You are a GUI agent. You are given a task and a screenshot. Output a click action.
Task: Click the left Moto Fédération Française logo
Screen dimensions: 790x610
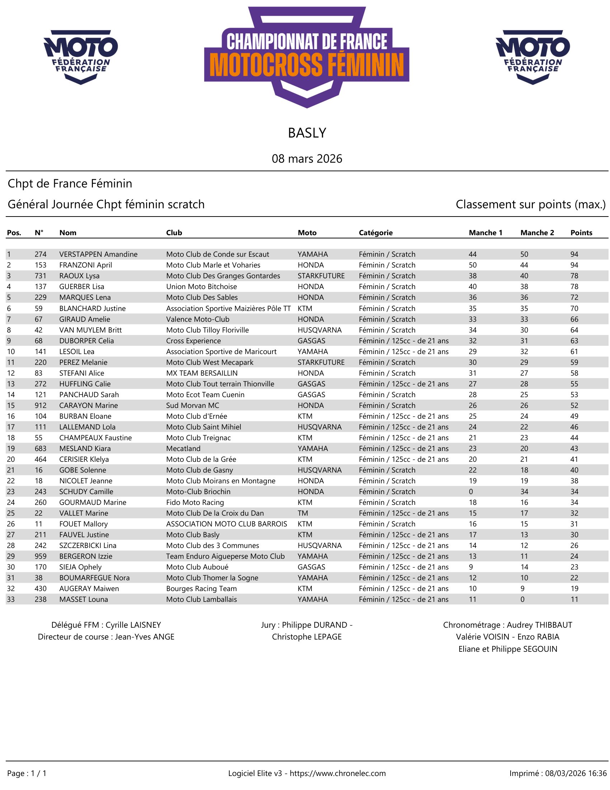tap(81, 57)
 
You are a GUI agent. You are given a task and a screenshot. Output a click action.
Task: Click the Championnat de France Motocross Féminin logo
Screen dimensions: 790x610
tap(306, 57)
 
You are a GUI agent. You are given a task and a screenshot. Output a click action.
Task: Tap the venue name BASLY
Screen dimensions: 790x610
tap(307, 133)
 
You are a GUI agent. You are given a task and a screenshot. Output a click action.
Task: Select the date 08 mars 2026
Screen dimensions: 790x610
tap(307, 159)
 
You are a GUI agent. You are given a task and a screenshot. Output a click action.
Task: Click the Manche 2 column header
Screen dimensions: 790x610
tap(537, 233)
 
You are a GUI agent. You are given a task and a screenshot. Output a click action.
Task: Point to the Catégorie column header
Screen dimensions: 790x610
tap(375, 233)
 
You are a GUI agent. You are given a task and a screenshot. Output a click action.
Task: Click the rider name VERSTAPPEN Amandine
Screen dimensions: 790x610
tap(98, 254)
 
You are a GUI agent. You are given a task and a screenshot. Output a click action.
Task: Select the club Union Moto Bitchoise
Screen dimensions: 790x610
tap(201, 287)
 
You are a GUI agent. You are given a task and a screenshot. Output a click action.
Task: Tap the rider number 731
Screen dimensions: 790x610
tap(41, 276)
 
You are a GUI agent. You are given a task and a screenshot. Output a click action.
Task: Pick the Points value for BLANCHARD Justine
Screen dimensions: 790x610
tap(574, 308)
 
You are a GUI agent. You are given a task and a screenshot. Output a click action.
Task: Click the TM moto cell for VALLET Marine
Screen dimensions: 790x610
tap(303, 513)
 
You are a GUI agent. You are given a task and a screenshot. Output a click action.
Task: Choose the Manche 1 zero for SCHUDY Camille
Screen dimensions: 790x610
tap(470, 492)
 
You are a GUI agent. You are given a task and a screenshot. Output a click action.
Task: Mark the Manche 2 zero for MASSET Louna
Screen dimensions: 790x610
tap(522, 599)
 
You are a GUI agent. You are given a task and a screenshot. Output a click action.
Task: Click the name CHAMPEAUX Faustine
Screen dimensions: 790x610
tap(95, 438)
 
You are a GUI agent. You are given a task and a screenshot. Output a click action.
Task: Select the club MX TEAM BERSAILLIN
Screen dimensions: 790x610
tap(202, 373)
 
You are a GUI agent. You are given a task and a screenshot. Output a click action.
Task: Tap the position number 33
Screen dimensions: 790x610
tap(11, 599)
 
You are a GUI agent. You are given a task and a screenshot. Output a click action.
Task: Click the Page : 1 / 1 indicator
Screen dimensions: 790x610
tap(27, 773)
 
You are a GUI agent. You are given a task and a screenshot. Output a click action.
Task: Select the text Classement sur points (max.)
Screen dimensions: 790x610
tap(530, 204)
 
